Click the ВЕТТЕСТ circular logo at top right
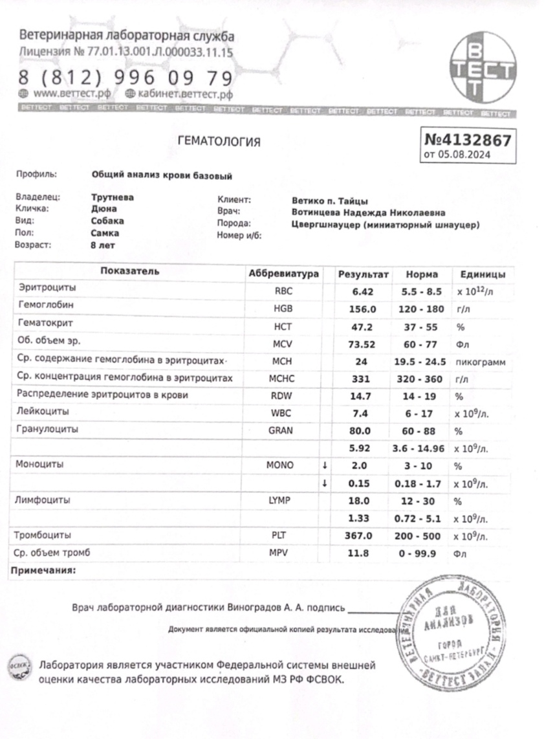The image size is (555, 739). pyautogui.click(x=482, y=69)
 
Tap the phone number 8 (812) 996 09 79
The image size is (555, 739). pyautogui.click(x=125, y=78)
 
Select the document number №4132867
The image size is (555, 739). pyautogui.click(x=468, y=140)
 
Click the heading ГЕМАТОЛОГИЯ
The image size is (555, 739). pyautogui.click(x=219, y=142)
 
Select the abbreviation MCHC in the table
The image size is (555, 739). pyautogui.click(x=283, y=378)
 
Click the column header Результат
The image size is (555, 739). pyautogui.click(x=364, y=274)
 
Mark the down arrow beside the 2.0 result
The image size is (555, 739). pyautogui.click(x=325, y=465)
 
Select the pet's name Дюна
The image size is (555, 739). pyautogui.click(x=104, y=209)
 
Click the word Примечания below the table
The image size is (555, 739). pyautogui.click(x=42, y=570)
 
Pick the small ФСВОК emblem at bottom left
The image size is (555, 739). pyautogui.click(x=19, y=666)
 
